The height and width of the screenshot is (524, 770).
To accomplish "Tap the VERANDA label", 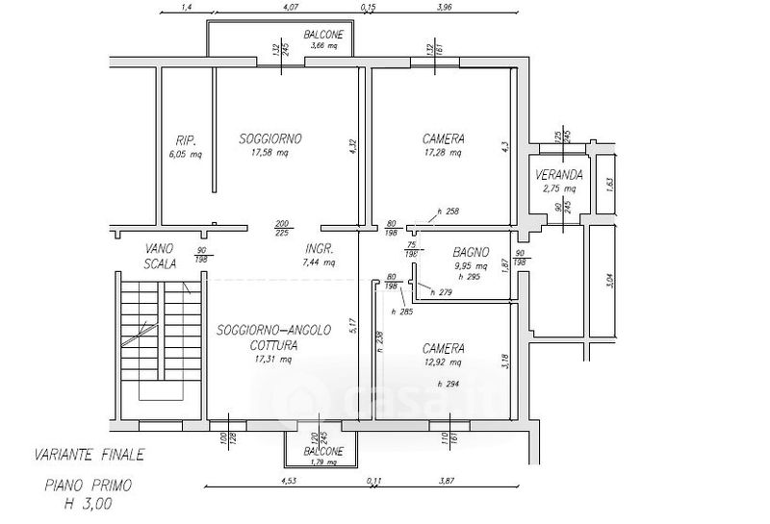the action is (x=560, y=175).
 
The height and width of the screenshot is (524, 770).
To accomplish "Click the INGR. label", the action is (x=319, y=247).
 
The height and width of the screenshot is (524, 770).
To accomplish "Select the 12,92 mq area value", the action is (x=443, y=363).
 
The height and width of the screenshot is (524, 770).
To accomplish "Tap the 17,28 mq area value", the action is (x=443, y=154).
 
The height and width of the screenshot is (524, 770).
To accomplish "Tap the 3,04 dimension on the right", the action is (x=608, y=280).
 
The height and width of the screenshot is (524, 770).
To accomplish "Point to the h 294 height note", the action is (x=448, y=384).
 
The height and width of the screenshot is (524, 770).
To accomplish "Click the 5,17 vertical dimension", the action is (x=354, y=325).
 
